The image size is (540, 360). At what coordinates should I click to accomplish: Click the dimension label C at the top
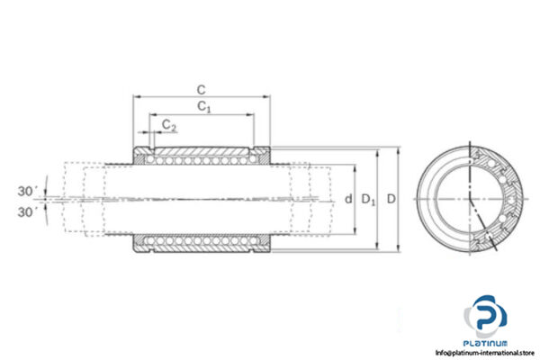click(202, 89)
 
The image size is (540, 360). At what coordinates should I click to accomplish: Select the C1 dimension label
click(204, 107)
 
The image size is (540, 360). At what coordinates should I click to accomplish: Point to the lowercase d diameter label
click(347, 199)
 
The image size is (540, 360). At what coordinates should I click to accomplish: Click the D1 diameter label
click(366, 199)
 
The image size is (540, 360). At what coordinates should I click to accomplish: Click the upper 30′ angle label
click(27, 191)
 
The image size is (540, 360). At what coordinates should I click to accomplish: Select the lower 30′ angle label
click(27, 212)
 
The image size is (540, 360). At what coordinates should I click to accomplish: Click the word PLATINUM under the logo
click(486, 343)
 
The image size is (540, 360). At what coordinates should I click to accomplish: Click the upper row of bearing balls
click(202, 157)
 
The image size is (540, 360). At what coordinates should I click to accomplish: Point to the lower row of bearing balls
click(202, 240)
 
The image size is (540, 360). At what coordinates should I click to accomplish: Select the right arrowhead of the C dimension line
click(267, 96)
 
